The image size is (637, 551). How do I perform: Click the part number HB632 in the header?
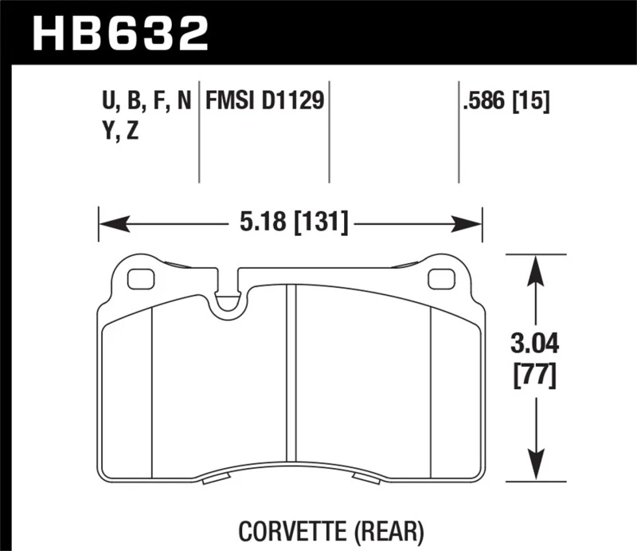point(119,33)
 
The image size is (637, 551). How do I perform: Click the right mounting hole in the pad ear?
point(439,280)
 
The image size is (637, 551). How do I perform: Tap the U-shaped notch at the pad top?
point(229,297)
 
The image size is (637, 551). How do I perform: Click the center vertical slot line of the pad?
point(291,375)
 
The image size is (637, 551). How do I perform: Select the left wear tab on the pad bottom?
point(217,479)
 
